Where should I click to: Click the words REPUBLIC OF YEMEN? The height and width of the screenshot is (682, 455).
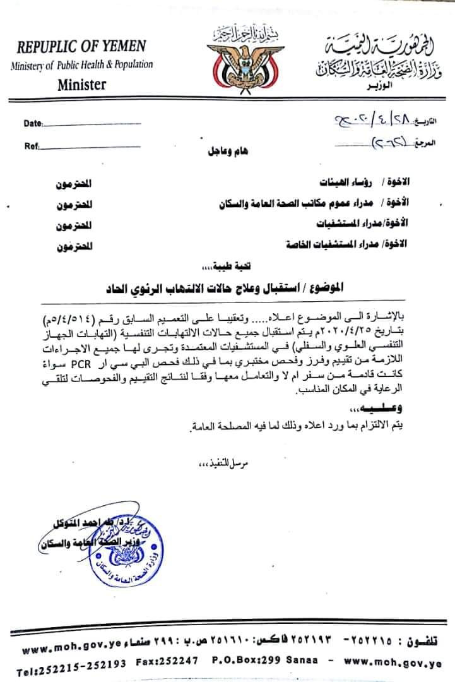tap(81, 47)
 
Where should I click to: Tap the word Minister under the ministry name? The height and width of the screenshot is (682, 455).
tap(82, 84)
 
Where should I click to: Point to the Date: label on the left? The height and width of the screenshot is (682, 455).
tap(33, 123)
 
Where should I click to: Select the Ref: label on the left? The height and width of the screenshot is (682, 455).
tap(32, 145)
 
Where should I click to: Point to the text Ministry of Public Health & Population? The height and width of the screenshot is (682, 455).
tap(82, 65)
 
